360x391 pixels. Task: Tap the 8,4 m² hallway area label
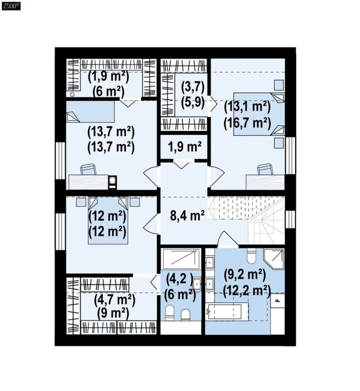coord(187,216)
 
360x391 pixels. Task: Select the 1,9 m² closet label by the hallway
coord(185,146)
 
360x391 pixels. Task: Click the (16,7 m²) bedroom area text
coord(247,123)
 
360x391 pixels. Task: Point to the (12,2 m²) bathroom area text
coord(247,290)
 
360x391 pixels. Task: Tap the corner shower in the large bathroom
coord(274,258)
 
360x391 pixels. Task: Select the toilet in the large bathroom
coord(251,256)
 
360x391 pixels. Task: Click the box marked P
coord(278,300)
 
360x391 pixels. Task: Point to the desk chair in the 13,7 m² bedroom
coord(88,169)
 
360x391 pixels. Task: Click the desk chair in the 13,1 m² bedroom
coord(265,169)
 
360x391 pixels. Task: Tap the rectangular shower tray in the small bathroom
coord(181,259)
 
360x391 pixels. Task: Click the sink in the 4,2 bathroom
coord(197,284)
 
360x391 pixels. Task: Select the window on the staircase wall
coord(290,219)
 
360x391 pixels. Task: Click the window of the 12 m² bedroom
coord(60,232)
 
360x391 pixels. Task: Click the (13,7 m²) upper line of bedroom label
coord(111,132)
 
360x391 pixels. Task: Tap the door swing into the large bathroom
coord(225,239)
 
